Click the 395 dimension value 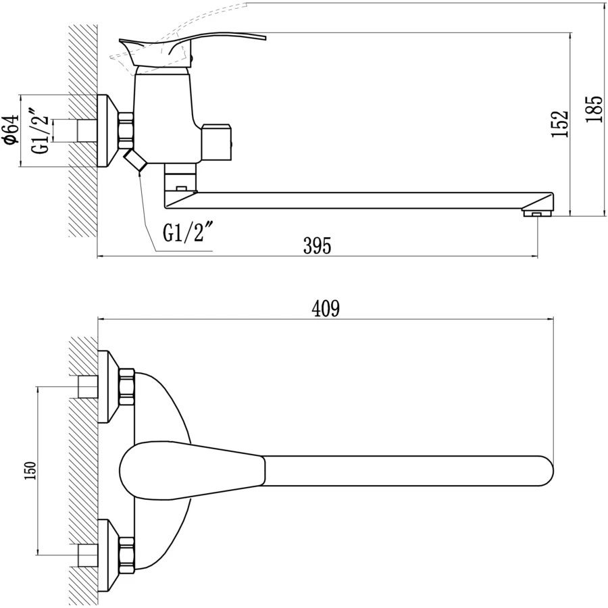[x=317, y=247]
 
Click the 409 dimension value [x=326, y=309]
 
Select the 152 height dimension [x=560, y=124]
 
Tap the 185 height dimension [x=594, y=108]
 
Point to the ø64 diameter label [x=9, y=130]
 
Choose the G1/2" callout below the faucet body [x=188, y=233]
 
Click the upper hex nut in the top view [x=127, y=386]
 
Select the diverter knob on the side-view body [x=218, y=140]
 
